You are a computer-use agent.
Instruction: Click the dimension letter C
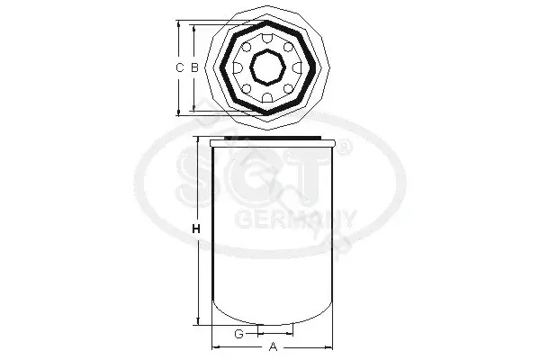pyautogui.click(x=179, y=67)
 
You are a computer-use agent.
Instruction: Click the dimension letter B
pyautogui.click(x=195, y=67)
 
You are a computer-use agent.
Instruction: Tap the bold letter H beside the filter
pyautogui.click(x=196, y=229)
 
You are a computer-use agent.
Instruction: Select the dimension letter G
pyautogui.click(x=239, y=334)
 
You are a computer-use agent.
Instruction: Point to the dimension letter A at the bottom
pyautogui.click(x=273, y=346)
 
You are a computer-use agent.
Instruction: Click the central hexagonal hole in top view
pyautogui.click(x=267, y=67)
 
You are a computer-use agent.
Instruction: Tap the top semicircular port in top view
pyautogui.click(x=267, y=38)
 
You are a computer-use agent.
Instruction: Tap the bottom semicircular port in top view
pyautogui.click(x=267, y=97)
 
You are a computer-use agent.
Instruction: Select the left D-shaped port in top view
pyautogui.click(x=238, y=67)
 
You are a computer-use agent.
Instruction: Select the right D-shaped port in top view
pyautogui.click(x=297, y=67)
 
